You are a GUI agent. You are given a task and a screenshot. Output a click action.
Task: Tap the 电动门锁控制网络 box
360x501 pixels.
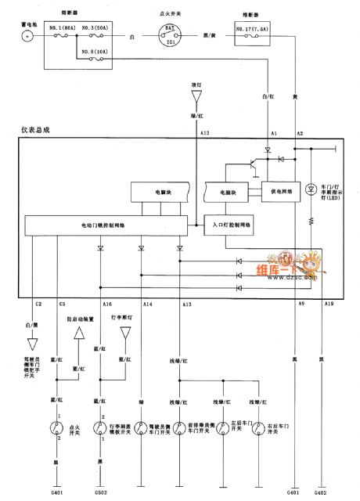pyautogui.click(x=107, y=225)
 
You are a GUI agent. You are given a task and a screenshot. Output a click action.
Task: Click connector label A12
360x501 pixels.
pyautogui.click(x=205, y=134)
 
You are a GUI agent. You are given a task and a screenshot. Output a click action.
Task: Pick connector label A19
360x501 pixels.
pyautogui.click(x=329, y=304)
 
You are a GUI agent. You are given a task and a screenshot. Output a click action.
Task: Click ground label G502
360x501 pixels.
pyautogui.click(x=100, y=492)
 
